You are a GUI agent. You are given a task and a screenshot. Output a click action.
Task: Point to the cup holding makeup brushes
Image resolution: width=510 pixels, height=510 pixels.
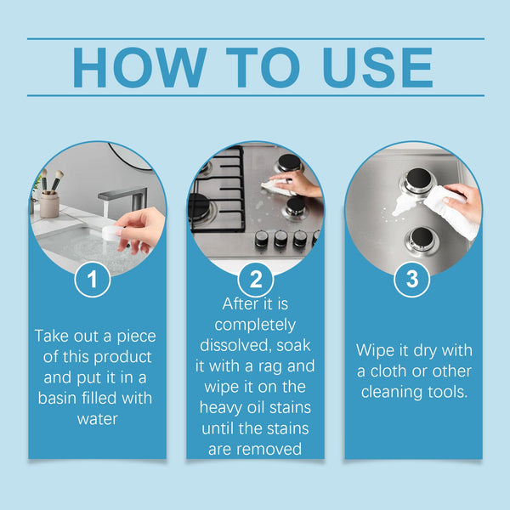(50, 203)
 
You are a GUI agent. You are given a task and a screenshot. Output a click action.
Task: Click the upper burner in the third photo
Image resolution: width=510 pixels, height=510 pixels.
(417, 181)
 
